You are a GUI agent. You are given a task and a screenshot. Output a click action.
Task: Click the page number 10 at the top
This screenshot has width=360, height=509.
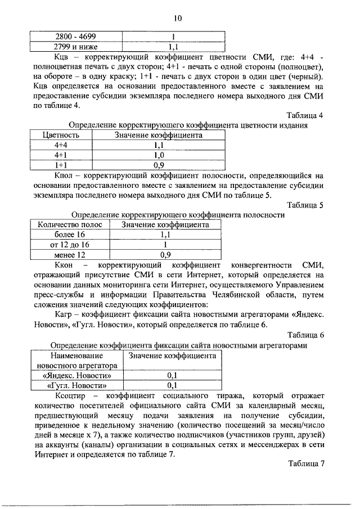coord(178,19)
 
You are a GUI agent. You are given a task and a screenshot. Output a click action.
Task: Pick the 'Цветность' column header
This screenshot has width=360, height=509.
coord(61,135)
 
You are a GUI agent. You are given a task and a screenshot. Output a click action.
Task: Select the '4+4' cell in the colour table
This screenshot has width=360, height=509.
coord(61,145)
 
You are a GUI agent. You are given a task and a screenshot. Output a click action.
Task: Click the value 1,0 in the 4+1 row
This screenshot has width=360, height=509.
coord(159,155)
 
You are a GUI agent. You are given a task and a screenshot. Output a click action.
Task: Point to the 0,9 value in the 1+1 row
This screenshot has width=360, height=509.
coord(159,165)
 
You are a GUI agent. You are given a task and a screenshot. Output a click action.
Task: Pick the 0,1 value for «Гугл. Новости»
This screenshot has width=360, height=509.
coord(173,385)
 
